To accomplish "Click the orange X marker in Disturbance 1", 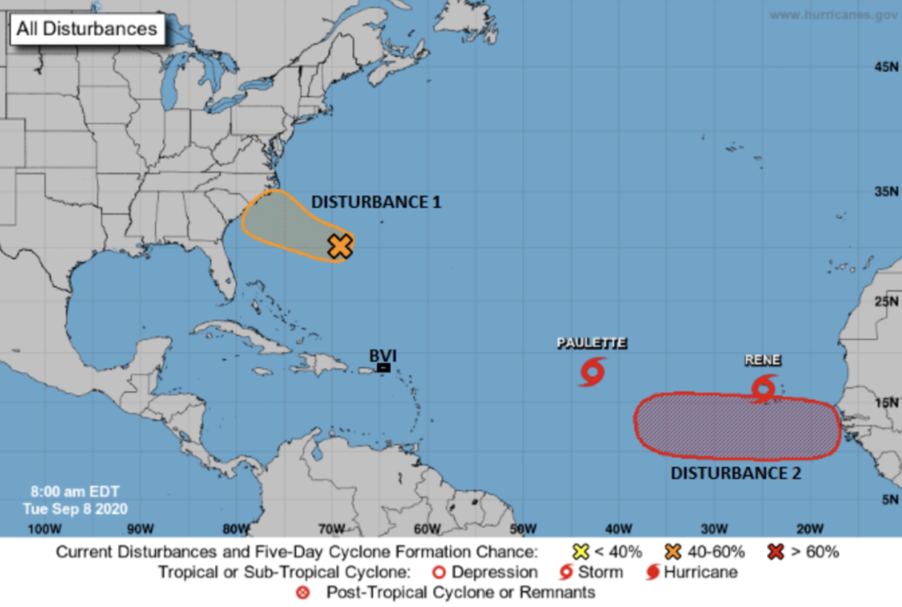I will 340,247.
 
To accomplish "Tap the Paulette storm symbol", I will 592,372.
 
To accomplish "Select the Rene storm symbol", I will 764,387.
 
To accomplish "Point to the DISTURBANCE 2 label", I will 736,473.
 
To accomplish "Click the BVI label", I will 382,355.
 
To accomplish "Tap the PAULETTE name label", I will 592,343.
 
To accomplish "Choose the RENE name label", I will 763,359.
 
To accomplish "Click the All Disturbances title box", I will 86,29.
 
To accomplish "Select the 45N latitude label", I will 884,67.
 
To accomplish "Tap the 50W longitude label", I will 523,529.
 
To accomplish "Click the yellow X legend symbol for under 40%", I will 580,552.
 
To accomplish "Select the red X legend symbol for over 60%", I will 776,552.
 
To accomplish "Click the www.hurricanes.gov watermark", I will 833,15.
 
